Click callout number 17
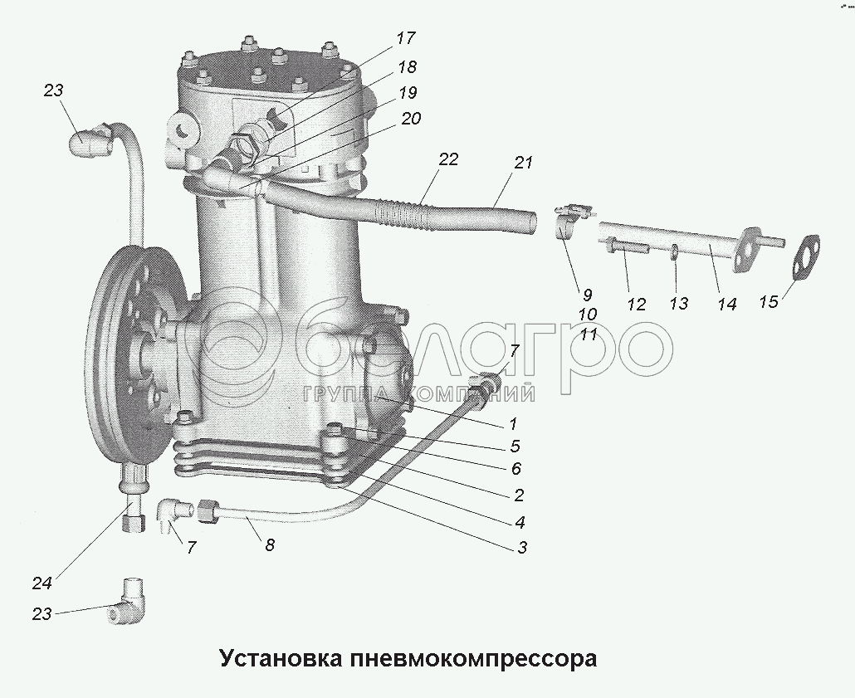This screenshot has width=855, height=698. [x=406, y=39]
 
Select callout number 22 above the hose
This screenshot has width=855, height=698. [x=448, y=160]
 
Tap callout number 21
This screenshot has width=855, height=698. [x=522, y=163]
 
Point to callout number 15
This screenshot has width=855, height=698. [x=769, y=301]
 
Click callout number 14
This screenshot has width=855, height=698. [x=727, y=305]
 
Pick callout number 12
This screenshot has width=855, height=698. [x=636, y=305]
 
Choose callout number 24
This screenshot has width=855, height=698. [x=42, y=583]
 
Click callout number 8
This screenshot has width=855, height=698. [x=270, y=544]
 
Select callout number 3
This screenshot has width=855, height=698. [x=522, y=547]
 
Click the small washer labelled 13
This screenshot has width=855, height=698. [x=675, y=252]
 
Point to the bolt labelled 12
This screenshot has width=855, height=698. [x=627, y=247]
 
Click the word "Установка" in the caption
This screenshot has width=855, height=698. [x=281, y=658]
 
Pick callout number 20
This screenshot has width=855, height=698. [x=411, y=119]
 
